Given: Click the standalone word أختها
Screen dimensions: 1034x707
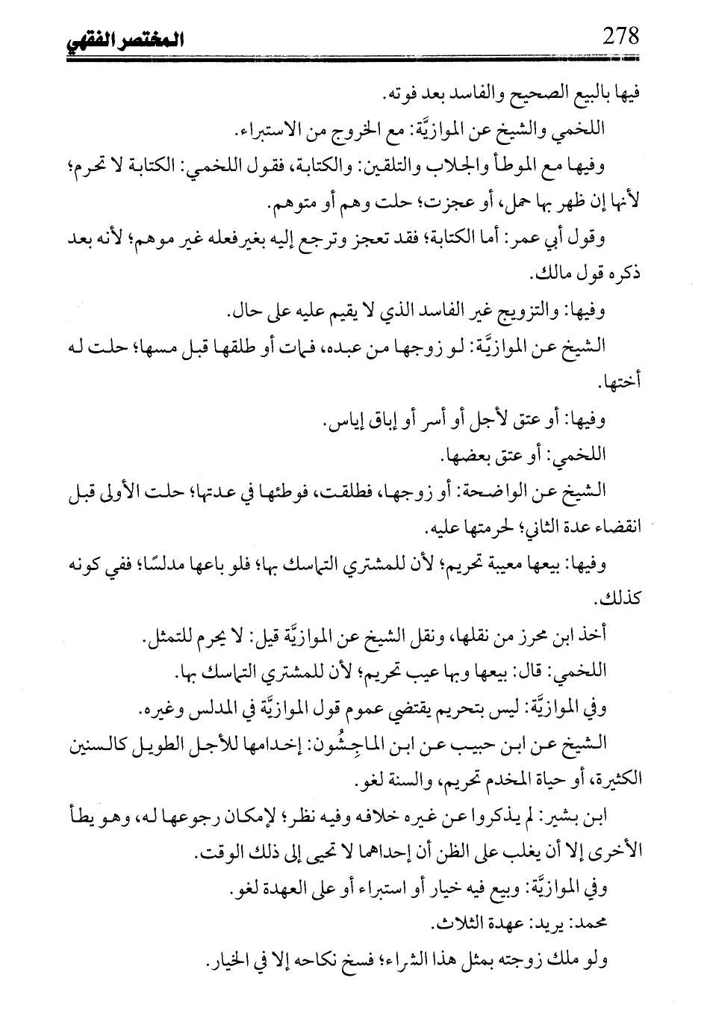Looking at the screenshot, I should (623, 383).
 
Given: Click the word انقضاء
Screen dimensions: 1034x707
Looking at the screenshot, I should (614, 528).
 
